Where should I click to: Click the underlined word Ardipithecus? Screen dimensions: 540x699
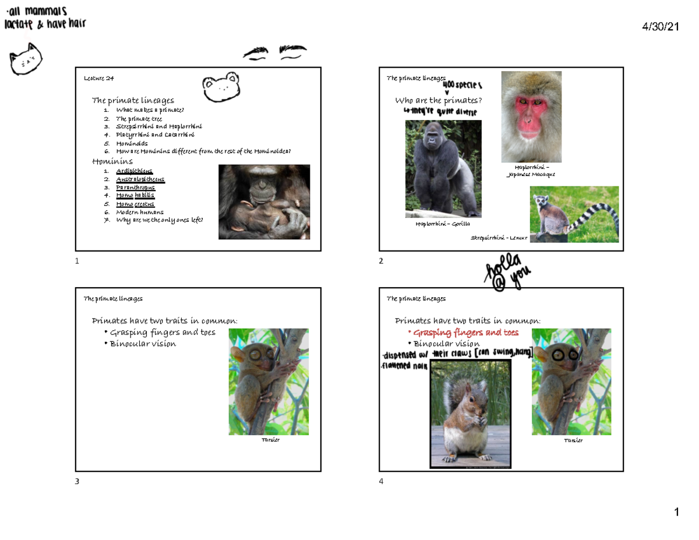coord(134,171)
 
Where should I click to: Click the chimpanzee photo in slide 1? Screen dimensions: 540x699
coord(264,202)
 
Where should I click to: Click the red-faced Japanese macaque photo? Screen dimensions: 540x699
coord(531,117)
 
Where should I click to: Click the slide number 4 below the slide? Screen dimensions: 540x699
coord(381,481)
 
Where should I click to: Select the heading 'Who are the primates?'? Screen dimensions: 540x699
coord(439,101)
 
